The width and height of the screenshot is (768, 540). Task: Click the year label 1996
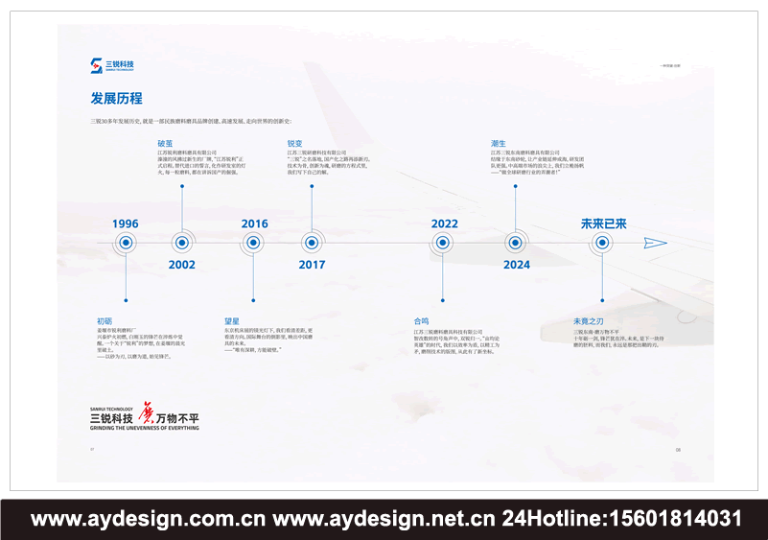125,223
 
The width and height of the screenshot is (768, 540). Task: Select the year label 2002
182,265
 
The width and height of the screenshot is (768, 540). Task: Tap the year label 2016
254,223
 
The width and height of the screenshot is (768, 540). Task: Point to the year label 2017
312,265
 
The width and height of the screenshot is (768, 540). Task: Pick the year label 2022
444,223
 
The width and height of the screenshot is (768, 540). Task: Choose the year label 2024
516,265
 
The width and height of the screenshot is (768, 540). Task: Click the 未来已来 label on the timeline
603,223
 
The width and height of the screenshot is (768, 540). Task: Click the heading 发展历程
117,98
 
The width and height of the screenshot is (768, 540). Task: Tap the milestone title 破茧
165,143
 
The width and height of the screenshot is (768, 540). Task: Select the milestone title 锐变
294,143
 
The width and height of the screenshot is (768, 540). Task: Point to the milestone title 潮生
498,143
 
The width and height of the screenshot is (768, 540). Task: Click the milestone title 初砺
105,320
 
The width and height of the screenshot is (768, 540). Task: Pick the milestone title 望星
232,320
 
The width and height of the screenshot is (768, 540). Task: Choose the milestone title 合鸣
421,320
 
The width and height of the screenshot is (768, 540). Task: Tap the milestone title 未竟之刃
587,320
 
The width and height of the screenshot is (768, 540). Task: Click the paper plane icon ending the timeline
655,244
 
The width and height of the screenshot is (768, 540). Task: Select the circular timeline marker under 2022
443,244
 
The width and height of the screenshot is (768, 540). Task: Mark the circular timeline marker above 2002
182,244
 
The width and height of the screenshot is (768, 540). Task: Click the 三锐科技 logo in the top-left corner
113,65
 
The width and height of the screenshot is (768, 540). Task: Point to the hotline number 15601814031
671,520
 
